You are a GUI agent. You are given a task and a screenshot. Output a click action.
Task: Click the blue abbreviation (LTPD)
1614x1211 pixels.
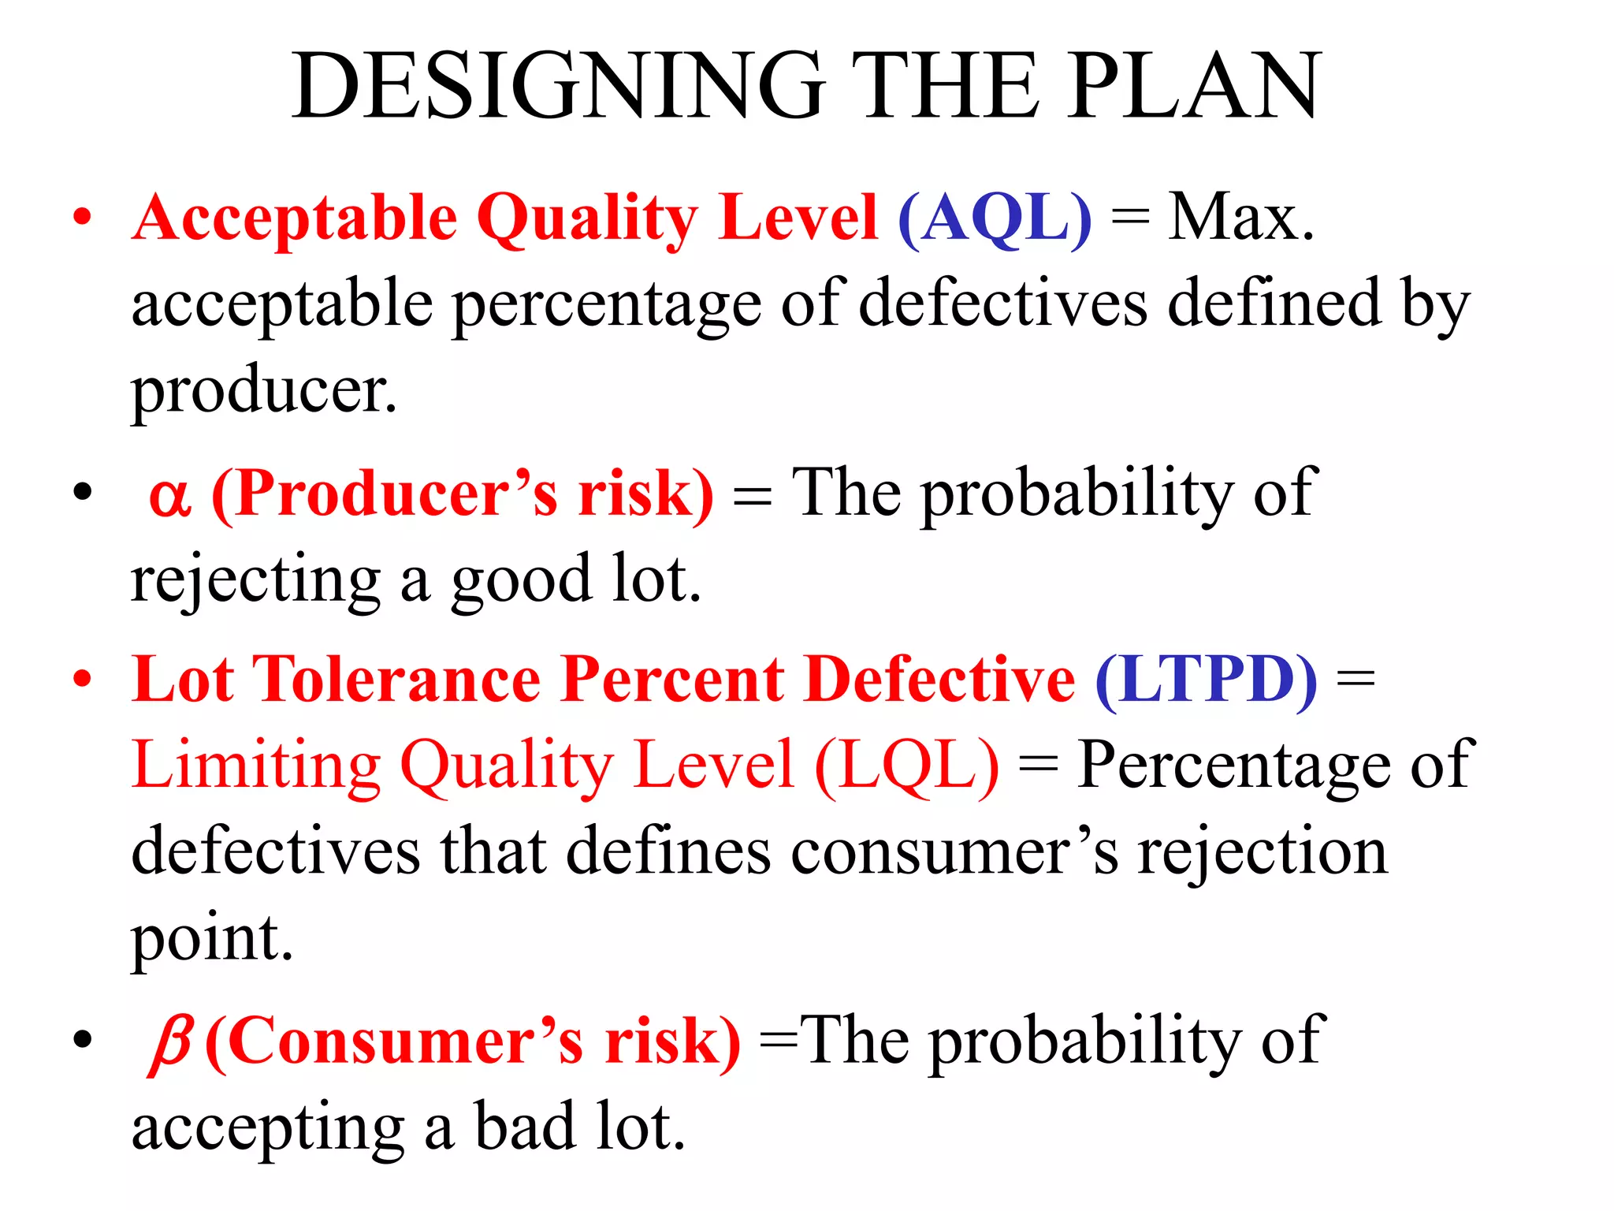point(1206,680)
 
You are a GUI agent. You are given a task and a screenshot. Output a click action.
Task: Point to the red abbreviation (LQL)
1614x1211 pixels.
point(906,765)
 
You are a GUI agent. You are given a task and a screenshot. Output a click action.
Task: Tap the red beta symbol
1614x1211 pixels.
point(172,1042)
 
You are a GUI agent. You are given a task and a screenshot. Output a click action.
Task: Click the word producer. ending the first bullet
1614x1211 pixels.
point(264,390)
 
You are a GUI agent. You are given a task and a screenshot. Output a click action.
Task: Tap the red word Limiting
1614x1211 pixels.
point(256,765)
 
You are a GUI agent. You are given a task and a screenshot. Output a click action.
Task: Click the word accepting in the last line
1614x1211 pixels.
point(268,1127)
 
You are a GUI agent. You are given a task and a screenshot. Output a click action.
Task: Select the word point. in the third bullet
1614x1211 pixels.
point(212,938)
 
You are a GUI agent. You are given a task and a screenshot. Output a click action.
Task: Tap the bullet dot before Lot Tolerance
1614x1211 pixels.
point(82,680)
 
